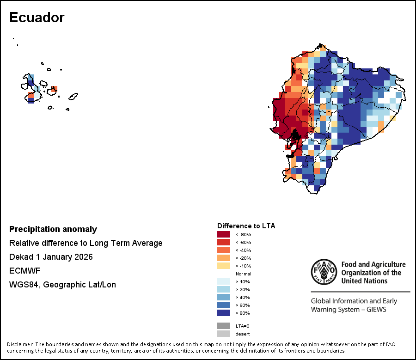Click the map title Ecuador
(x=37, y=18)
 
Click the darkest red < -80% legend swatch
(x=224, y=234)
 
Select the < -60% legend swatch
(x=224, y=242)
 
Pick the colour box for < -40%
(x=224, y=250)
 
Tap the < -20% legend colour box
(x=224, y=258)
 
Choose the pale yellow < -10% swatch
(x=224, y=266)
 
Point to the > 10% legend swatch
(x=224, y=281)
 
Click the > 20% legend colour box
(x=224, y=289)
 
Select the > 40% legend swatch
(x=224, y=297)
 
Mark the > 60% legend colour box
(x=224, y=305)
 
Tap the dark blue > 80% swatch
(x=224, y=313)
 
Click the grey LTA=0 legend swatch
(x=224, y=326)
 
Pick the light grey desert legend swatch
(x=224, y=334)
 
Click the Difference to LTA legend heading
(x=246, y=226)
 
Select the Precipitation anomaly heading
(x=53, y=229)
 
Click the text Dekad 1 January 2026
(x=51, y=257)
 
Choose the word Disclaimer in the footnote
(x=20, y=345)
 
